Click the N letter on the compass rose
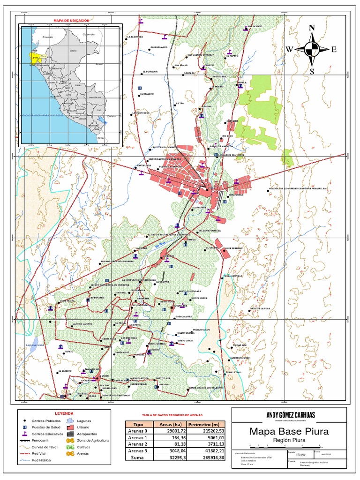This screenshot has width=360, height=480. [312, 28]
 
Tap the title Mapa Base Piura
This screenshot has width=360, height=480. [289, 431]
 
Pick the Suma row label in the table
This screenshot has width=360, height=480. [137, 458]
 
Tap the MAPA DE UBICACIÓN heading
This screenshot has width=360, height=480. [71, 21]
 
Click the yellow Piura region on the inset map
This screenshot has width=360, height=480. [34, 57]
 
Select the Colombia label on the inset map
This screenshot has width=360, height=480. [89, 35]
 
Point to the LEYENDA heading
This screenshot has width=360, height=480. [64, 413]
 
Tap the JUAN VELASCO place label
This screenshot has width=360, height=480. [159, 47]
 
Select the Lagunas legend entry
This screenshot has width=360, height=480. [84, 421]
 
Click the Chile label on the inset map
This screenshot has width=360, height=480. [100, 138]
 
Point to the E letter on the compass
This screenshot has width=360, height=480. [334, 50]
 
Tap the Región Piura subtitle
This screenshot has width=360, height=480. [289, 441]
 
